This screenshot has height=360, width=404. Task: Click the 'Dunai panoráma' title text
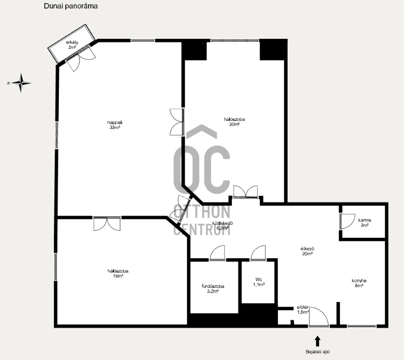point(70,6)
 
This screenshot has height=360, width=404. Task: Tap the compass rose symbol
point(21,83)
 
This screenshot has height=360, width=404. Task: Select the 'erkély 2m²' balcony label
point(72,45)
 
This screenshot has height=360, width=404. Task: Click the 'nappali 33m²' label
point(114,125)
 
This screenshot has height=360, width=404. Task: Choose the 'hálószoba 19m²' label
point(117,273)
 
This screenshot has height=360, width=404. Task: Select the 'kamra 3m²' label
point(364,222)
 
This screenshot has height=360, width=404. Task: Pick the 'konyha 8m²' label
point(359,283)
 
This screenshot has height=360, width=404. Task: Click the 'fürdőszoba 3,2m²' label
point(213,289)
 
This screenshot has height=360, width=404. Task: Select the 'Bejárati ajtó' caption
point(318,352)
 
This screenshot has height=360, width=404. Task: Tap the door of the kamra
point(345,221)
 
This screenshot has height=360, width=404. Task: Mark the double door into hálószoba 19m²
point(107,224)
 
